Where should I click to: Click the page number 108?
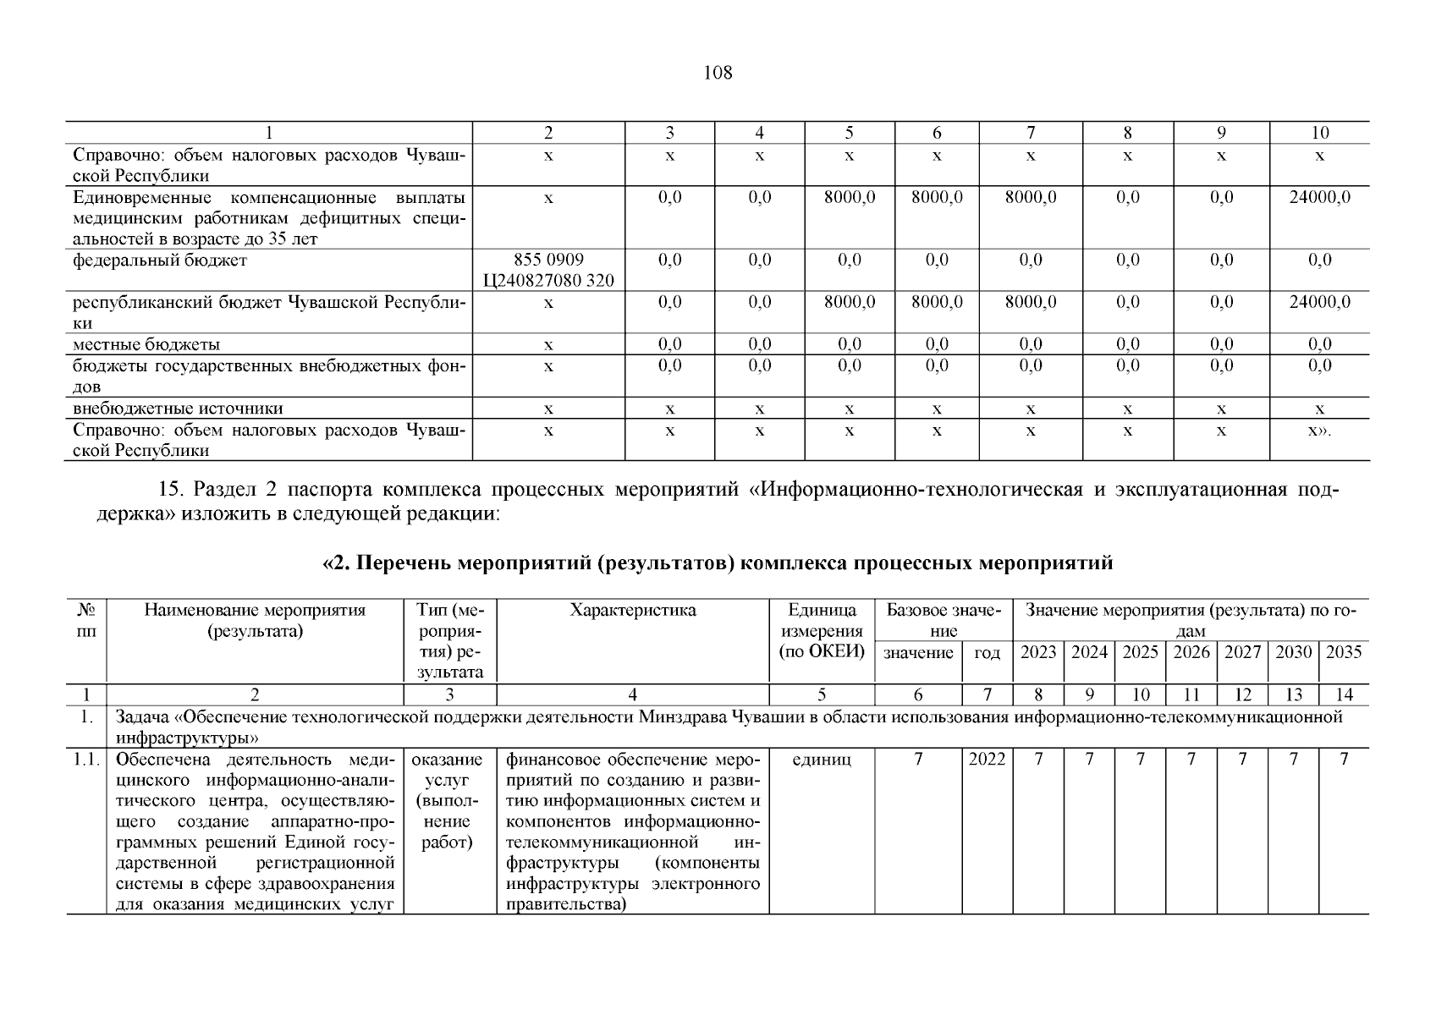point(718,73)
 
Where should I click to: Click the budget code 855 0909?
point(548,260)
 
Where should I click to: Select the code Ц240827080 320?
point(548,281)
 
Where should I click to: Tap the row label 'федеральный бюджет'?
point(160,260)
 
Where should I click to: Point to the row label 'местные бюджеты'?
point(146,344)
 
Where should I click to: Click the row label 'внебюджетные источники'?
point(178,409)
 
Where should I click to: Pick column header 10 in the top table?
point(1319,132)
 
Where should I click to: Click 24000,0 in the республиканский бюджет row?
point(1319,302)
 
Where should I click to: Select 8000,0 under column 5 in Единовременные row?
point(849,197)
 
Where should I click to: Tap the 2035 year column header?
point(1344,652)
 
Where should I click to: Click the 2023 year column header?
point(1038,652)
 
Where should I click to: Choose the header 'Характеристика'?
point(632,611)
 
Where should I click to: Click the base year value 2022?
point(987,760)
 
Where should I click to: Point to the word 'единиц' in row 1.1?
point(822,760)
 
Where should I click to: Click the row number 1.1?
point(85,760)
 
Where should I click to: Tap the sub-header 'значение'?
point(918,653)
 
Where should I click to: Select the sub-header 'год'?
point(987,653)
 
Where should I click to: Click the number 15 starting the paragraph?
point(168,491)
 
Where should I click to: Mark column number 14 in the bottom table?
point(1344,694)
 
